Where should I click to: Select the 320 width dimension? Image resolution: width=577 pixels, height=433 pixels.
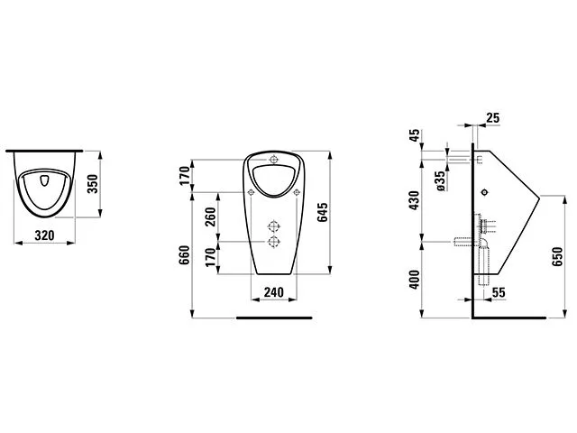(46, 235)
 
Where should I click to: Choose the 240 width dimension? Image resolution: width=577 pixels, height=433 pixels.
(273, 292)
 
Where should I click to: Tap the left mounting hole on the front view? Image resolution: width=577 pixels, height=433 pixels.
(249, 193)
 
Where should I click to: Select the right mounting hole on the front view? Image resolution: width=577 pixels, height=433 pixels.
(298, 193)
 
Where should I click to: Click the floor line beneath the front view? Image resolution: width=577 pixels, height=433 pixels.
(273, 318)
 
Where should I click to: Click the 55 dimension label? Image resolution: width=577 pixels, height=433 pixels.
(498, 293)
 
